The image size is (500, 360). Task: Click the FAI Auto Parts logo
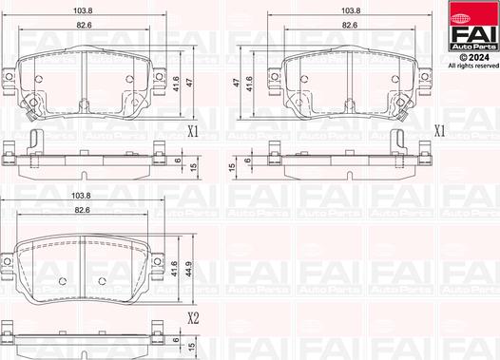pyautogui.click(x=473, y=27)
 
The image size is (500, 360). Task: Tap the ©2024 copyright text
pyautogui.click(x=473, y=57)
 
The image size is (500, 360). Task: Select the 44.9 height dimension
pyautogui.click(x=189, y=269)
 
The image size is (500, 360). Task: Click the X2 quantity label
pyautogui.click(x=193, y=318)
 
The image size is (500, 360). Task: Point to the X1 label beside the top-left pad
pyautogui.click(x=193, y=131)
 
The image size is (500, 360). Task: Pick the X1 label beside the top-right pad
pyautogui.click(x=440, y=131)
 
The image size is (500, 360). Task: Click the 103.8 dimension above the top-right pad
pyautogui.click(x=351, y=10)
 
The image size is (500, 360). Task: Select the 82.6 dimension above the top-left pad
pyautogui.click(x=85, y=25)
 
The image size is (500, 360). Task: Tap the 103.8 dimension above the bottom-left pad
pyautogui.click(x=81, y=196)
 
